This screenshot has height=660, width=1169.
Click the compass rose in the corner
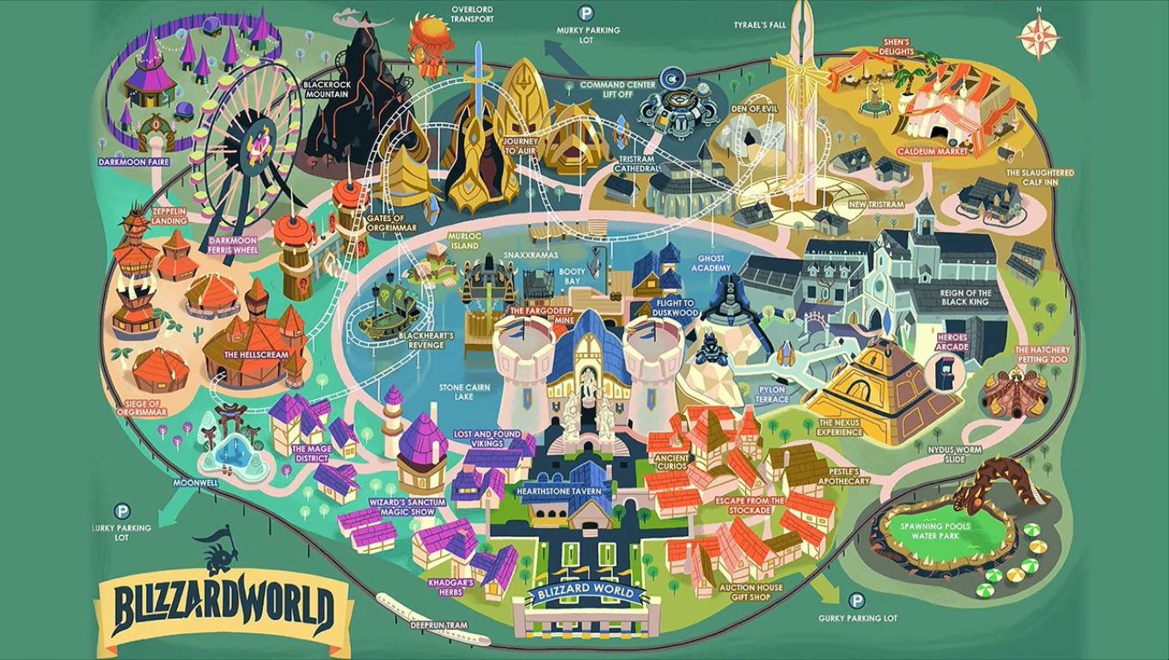[1038, 36]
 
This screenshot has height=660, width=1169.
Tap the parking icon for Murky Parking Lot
[585, 14]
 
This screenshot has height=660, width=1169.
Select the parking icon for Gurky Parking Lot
[856, 601]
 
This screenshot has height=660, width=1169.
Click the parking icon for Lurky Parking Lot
[122, 511]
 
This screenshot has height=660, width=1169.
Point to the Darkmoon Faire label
[133, 162]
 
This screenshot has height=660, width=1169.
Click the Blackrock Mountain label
[327, 89]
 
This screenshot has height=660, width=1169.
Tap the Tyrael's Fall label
[759, 25]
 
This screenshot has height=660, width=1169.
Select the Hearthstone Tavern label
[565, 491]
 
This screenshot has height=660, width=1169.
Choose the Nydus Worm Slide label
[955, 455]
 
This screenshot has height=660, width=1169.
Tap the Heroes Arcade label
[952, 342]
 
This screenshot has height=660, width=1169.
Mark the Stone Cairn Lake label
[464, 393]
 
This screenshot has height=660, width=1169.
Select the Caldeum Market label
[933, 151]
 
